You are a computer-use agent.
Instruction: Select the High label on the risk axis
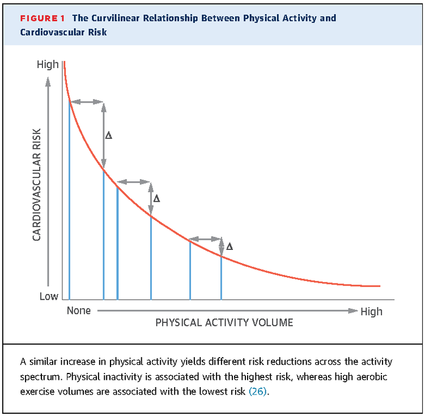click(x=48, y=65)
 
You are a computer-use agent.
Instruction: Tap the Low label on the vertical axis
click(x=49, y=296)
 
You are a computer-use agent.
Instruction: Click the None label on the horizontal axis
click(x=78, y=311)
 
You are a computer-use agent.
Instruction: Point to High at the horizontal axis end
click(x=371, y=311)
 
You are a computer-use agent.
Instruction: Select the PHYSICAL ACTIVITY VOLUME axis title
click(x=224, y=323)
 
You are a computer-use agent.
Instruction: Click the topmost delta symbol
click(x=109, y=136)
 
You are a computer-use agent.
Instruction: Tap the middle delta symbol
click(x=157, y=199)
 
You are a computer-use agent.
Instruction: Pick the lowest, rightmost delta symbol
click(x=229, y=247)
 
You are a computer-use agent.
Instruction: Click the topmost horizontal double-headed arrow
click(x=87, y=101)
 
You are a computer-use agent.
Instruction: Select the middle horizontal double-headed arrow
click(x=134, y=182)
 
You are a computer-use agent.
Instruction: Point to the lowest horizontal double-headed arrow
click(x=206, y=239)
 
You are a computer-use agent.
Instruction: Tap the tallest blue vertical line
click(x=70, y=198)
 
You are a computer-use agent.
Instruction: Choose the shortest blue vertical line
click(x=221, y=278)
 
